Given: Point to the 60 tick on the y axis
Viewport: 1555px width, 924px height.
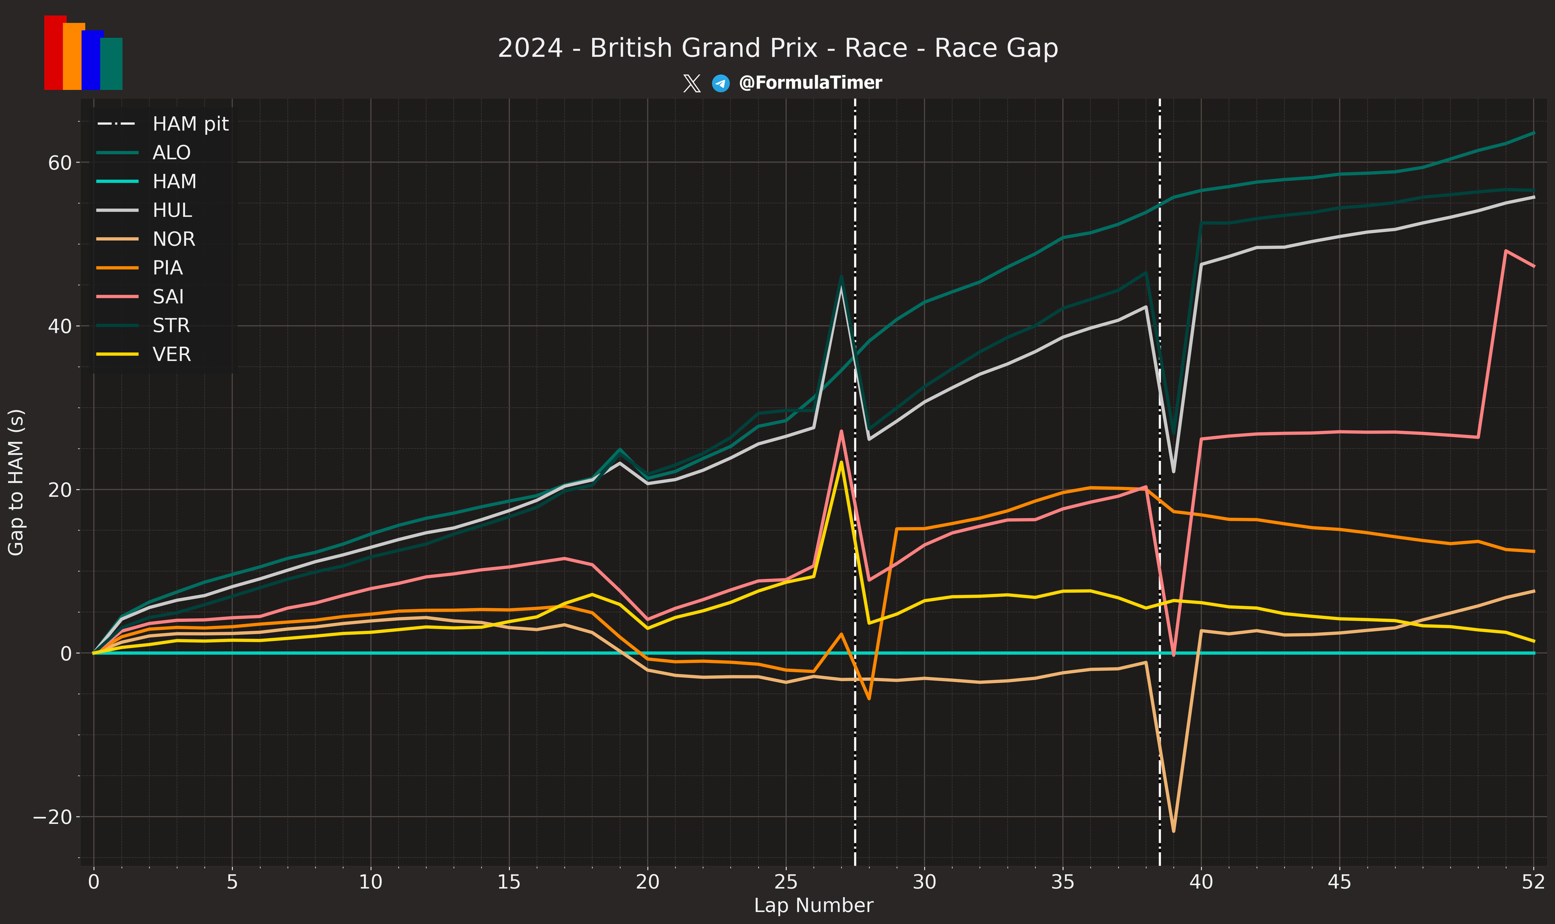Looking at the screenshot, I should coord(60,162).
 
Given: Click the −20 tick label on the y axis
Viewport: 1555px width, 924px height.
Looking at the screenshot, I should coord(52,817).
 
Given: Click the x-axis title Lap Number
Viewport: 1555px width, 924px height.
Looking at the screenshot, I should coord(813,905).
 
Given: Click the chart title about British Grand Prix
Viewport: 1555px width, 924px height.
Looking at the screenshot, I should coord(777,48).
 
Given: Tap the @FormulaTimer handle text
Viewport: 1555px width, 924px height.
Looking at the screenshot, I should coord(810,83).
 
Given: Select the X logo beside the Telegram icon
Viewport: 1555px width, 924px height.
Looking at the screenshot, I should coord(692,83).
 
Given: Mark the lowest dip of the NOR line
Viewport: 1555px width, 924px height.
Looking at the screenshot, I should coord(1173,831).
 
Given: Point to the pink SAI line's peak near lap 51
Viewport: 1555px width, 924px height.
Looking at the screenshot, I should coord(1505,251).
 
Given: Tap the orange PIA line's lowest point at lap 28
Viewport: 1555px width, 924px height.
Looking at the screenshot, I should coord(869,699).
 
